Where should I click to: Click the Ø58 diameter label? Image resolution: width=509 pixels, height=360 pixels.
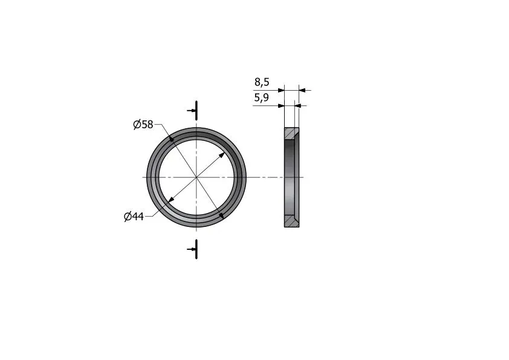[143, 124]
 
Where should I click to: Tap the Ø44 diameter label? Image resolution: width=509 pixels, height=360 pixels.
[134, 217]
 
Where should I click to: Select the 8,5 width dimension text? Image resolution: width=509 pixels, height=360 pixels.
[262, 82]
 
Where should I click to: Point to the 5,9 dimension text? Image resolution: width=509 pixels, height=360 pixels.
[261, 97]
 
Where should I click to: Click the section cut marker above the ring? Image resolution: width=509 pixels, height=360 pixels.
[194, 111]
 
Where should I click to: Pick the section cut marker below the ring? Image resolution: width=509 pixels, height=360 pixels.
[194, 249]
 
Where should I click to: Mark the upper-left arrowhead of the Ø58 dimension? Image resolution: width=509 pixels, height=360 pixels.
[172, 140]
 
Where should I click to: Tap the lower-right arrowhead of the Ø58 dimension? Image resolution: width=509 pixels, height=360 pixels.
[221, 215]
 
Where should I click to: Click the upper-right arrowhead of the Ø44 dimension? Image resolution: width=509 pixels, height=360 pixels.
[221, 155]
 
